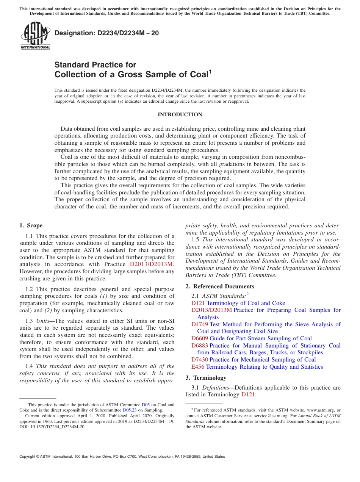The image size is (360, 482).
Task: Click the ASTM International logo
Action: [35, 36]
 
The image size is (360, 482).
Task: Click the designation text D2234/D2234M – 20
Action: [106, 33]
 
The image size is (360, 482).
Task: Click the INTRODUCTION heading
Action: [180, 115]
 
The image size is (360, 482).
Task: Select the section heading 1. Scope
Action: [31, 226]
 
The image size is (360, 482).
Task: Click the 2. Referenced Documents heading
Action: [220, 286]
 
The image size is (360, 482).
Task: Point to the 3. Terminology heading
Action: [206, 378]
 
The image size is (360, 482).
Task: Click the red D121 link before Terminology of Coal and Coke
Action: [198, 303]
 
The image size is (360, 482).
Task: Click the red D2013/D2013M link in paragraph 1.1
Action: [152, 264]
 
